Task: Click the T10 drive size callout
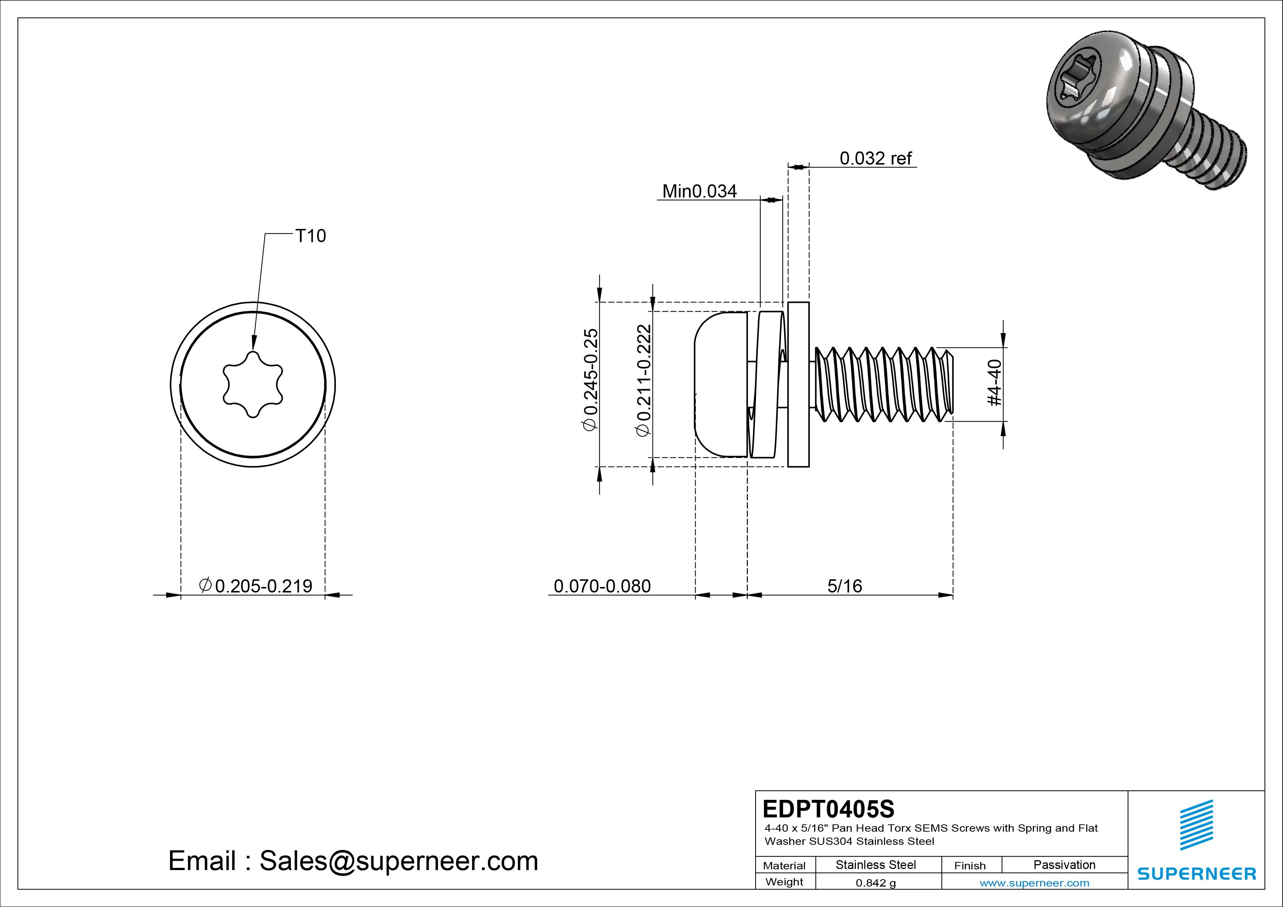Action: (x=310, y=236)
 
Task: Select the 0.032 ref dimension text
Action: (x=875, y=159)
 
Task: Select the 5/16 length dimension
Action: (x=844, y=586)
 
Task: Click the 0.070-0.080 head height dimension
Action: (x=602, y=586)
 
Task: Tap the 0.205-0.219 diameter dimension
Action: (x=256, y=586)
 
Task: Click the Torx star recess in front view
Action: (x=253, y=384)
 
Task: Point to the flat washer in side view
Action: (x=798, y=384)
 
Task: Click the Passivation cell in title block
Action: (x=1064, y=865)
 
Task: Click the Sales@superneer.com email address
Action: (x=398, y=861)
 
